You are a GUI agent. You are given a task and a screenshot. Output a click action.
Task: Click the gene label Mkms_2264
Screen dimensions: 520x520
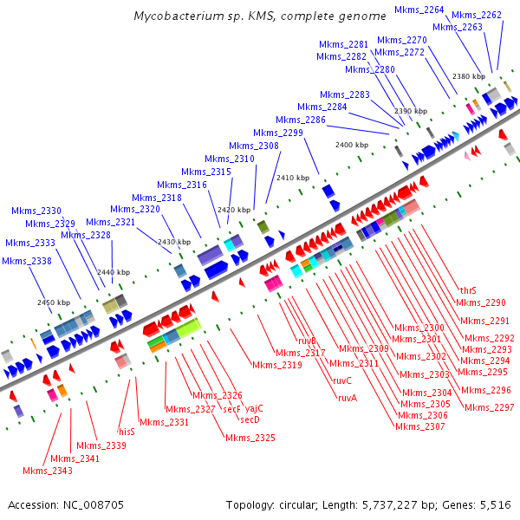click(x=419, y=10)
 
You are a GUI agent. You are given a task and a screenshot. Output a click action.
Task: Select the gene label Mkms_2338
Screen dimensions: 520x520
click(x=27, y=261)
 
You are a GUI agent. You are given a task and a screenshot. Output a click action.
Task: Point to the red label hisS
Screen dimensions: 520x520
click(x=127, y=431)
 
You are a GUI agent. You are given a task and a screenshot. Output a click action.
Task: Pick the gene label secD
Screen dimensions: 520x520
click(x=250, y=419)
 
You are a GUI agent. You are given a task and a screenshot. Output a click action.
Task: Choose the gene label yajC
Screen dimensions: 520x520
click(x=254, y=408)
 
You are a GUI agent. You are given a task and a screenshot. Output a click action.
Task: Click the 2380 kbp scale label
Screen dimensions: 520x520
click(x=468, y=77)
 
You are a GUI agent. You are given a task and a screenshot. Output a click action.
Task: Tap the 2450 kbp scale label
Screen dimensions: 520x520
click(x=54, y=302)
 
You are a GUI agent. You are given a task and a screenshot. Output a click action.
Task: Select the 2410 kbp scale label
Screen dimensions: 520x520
click(x=291, y=178)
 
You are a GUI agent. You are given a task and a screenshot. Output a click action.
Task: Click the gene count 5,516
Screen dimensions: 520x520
click(x=494, y=504)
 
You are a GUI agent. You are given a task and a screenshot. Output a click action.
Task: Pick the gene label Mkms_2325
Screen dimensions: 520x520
click(x=250, y=438)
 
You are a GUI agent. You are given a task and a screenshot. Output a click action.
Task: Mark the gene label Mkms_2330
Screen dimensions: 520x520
click(x=36, y=211)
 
